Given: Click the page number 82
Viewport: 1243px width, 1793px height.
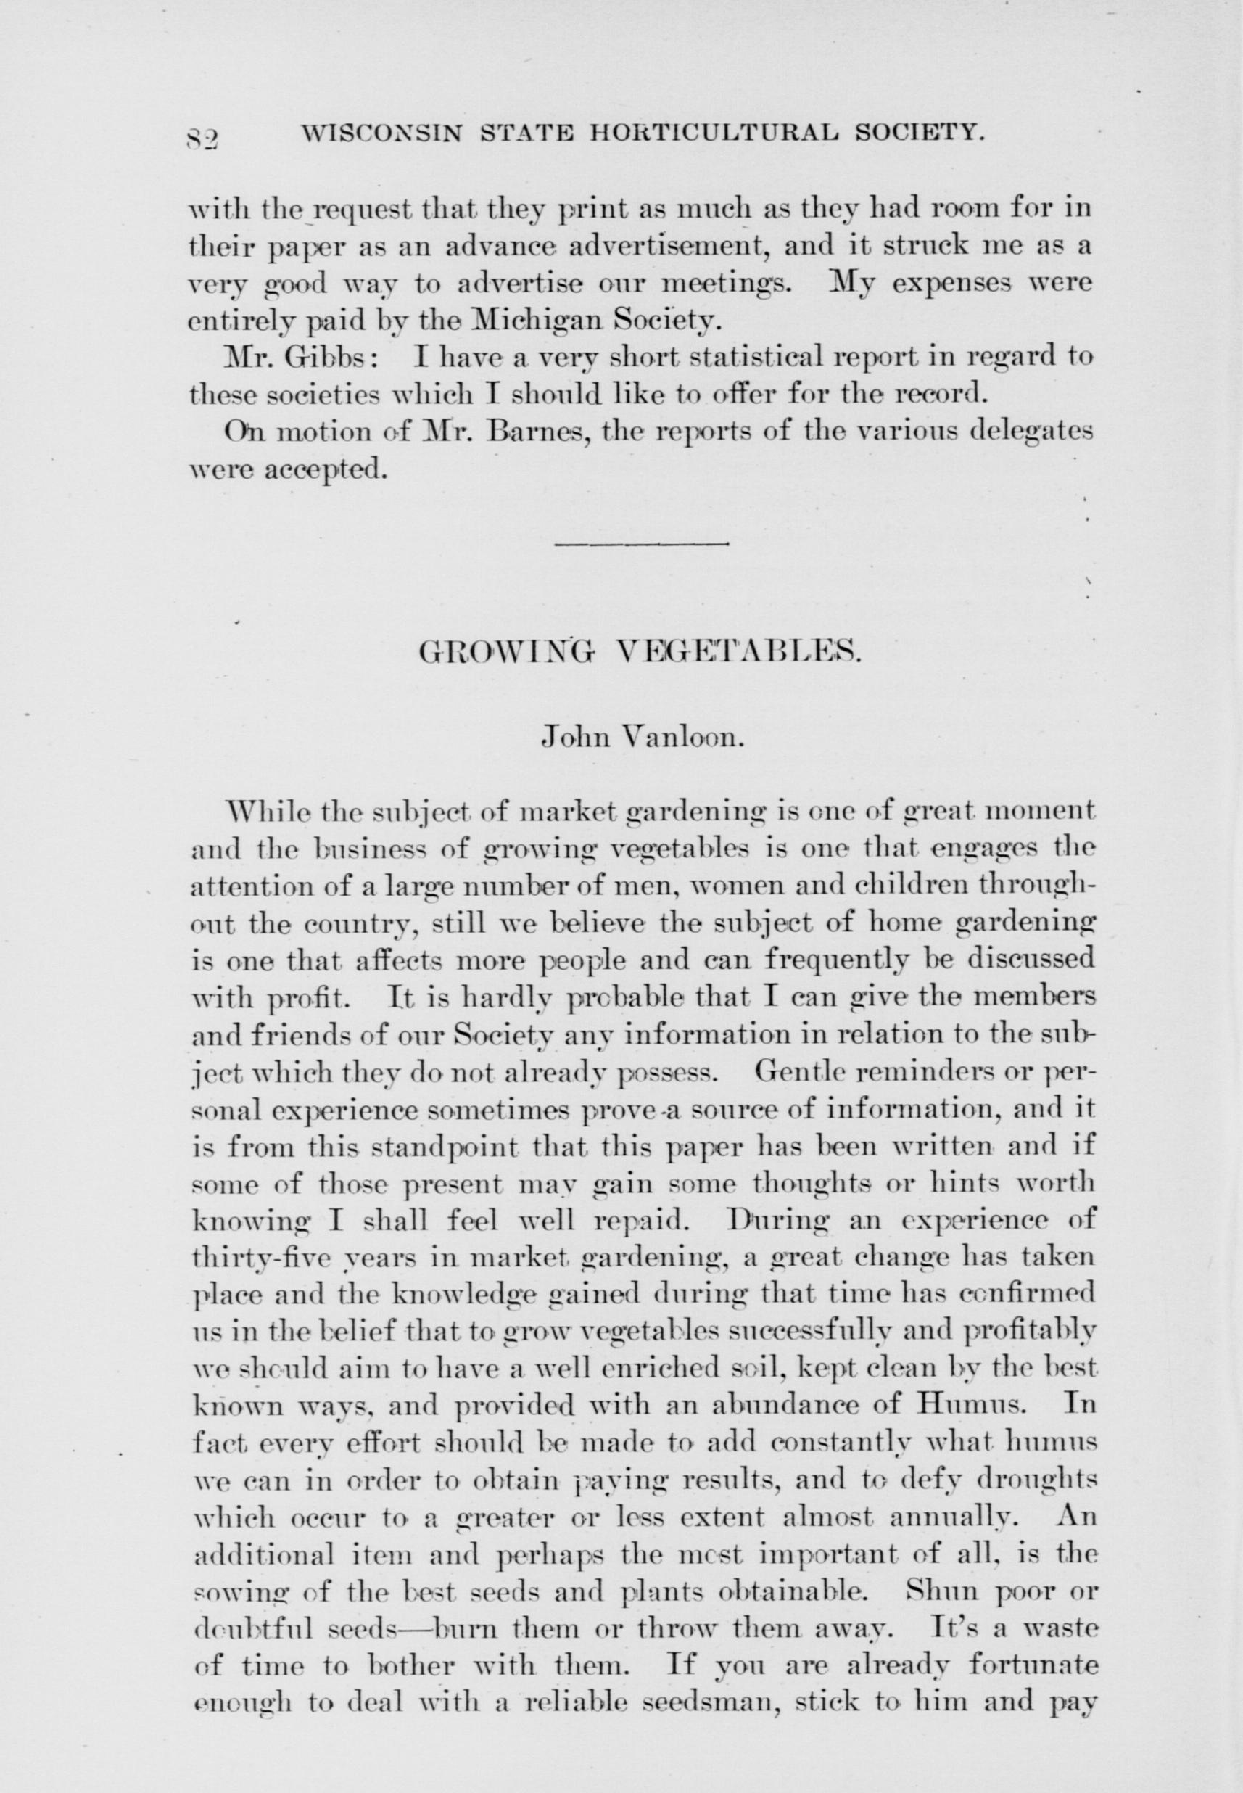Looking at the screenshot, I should [205, 140].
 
